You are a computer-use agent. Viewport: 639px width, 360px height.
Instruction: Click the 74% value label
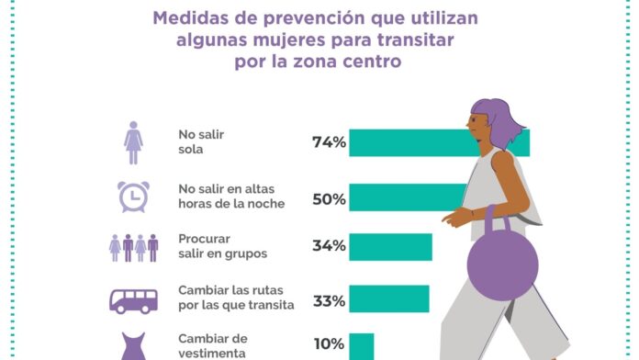click(329, 142)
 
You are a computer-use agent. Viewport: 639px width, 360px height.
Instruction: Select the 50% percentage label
click(329, 199)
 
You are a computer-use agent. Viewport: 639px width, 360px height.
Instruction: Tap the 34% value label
click(329, 246)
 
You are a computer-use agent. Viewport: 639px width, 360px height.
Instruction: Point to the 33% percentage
click(329, 301)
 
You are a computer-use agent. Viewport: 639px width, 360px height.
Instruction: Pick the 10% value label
click(329, 344)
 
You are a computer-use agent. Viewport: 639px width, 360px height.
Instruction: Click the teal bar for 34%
click(390, 247)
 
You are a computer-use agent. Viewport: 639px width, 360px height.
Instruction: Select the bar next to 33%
click(388, 298)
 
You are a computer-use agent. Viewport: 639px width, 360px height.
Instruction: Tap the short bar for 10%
click(362, 346)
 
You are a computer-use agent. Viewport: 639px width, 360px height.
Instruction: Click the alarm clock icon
click(133, 197)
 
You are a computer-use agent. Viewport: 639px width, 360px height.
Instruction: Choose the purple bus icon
click(133, 301)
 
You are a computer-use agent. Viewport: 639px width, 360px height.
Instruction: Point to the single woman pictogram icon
click(133, 142)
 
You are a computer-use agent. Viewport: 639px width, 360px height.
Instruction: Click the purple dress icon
click(134, 346)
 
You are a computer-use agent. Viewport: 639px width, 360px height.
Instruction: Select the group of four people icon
click(133, 248)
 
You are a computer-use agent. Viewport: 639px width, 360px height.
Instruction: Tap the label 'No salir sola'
click(201, 141)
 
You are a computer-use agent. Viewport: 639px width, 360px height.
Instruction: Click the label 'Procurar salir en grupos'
click(222, 246)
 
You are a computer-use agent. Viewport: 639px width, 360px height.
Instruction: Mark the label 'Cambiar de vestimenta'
click(213, 345)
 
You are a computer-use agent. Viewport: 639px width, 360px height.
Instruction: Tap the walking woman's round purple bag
click(502, 265)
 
